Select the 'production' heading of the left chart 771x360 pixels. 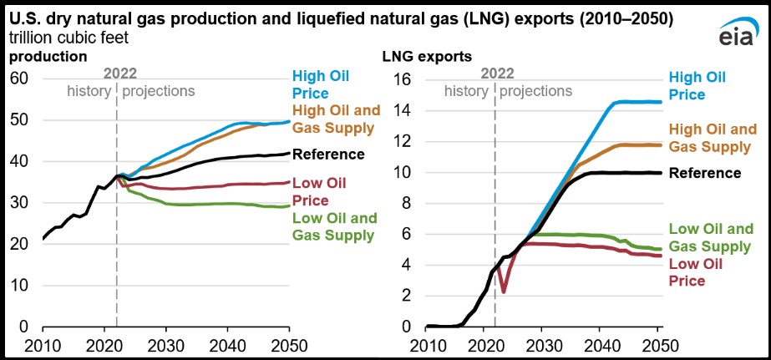coord(48,57)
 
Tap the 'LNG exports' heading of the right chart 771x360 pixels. coord(427,57)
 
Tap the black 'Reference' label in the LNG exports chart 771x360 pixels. coord(705,173)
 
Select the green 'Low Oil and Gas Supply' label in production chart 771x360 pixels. coord(332,226)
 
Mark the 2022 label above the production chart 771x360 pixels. coord(116,74)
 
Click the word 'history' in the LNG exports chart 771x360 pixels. coord(466,91)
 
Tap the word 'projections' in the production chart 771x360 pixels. coord(159,91)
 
